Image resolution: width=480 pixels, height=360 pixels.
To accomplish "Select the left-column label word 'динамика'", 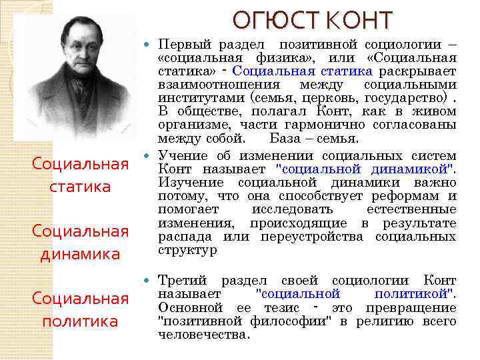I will point(80,254).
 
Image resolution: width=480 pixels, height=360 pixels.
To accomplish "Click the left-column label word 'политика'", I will point(80,322).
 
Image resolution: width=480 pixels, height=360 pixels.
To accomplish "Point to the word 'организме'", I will point(189,125).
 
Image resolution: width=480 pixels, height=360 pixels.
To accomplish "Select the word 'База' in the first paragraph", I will point(285,139).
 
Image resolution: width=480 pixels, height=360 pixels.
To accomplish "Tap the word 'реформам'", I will point(407,196).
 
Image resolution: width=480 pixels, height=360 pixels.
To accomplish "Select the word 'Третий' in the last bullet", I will point(183,280).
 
